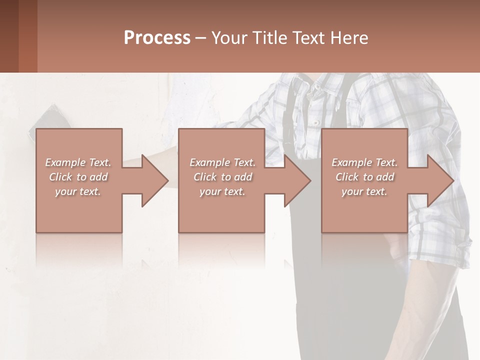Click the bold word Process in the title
pyautogui.click(x=157, y=38)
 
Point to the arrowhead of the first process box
pyautogui.click(x=155, y=180)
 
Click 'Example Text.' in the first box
pyautogui.click(x=78, y=162)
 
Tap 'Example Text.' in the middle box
pyautogui.click(x=222, y=162)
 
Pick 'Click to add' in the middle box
pyautogui.click(x=222, y=177)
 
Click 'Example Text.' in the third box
pyautogui.click(x=364, y=162)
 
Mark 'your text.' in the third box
pyautogui.click(x=364, y=191)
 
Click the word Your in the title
pyautogui.click(x=230, y=38)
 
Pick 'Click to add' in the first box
pyautogui.click(x=78, y=177)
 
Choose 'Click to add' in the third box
pyautogui.click(x=364, y=177)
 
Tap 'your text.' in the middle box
pyautogui.click(x=222, y=191)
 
